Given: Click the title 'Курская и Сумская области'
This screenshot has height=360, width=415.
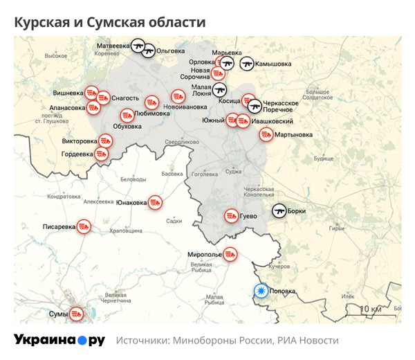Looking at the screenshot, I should point(110,23).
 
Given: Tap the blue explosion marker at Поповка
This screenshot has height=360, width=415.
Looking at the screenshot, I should point(261,291).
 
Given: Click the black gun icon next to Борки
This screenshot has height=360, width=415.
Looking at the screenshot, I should point(279,210).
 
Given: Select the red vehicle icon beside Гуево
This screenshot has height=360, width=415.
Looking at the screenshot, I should point(231,216).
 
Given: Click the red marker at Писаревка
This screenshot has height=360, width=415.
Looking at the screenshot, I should point(84,226).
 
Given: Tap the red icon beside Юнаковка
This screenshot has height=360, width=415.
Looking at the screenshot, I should point(156,203).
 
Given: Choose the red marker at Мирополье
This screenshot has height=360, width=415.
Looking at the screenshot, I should point(230,255).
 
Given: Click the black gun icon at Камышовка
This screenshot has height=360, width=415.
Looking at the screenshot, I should point(246,64).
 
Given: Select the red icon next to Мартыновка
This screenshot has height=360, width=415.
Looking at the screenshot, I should point(266,134).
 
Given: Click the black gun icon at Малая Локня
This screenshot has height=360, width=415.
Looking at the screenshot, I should point(220,90).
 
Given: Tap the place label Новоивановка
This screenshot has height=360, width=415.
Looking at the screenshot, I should point(185,107).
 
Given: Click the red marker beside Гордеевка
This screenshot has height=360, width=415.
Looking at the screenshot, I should point(100,154).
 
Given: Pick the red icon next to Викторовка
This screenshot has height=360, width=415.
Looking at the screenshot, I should point(104,142).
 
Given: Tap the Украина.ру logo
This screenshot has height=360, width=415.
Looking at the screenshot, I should point(59,340).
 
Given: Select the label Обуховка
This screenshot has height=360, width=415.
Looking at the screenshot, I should point(127,126).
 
